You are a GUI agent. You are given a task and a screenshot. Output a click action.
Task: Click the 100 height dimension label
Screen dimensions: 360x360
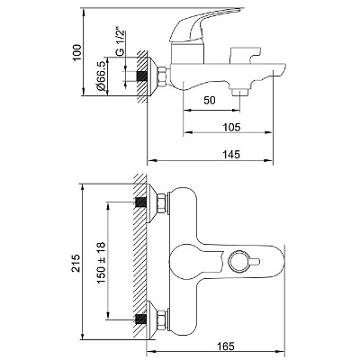(x=77, y=52)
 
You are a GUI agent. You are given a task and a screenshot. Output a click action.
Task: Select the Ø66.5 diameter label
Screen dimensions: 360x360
(x=101, y=76)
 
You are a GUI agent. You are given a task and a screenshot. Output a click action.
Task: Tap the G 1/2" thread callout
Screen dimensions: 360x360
(x=120, y=42)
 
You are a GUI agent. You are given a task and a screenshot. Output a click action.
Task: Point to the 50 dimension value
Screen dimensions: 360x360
(x=210, y=100)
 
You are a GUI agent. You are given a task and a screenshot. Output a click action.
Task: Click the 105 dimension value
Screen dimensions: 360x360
(x=232, y=127)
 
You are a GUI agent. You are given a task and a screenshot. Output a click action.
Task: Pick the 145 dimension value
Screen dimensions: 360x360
(x=231, y=155)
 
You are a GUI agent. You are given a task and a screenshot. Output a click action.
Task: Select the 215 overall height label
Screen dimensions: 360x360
(x=76, y=263)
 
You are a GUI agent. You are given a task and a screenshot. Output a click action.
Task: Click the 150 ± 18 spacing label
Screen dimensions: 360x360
(x=102, y=263)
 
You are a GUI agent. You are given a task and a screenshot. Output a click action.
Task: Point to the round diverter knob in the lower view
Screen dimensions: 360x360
(x=238, y=262)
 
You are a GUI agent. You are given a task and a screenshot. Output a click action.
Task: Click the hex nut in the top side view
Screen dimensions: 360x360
(x=161, y=77)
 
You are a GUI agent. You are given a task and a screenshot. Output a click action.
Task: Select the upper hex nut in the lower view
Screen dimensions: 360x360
(x=161, y=203)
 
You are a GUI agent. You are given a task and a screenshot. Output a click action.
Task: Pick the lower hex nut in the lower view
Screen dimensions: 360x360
(x=161, y=320)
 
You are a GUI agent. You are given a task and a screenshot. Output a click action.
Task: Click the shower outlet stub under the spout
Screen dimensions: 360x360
(x=240, y=92)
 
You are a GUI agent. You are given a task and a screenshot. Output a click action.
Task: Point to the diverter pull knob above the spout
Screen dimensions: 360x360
(x=245, y=55)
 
